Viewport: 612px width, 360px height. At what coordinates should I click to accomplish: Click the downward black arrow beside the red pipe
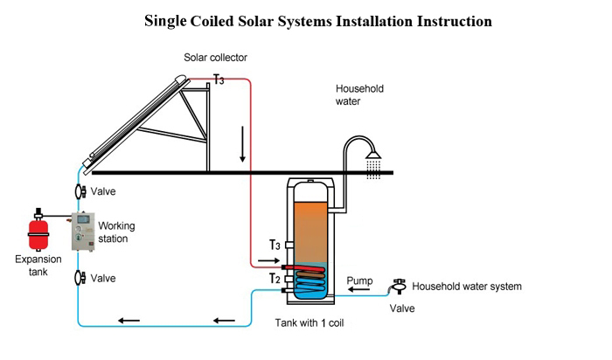coord(242,149)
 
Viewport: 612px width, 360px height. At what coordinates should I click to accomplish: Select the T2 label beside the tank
coord(274,279)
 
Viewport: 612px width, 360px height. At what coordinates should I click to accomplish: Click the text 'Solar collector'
coord(215,58)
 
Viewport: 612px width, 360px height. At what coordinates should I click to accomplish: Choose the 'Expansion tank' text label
coord(38,265)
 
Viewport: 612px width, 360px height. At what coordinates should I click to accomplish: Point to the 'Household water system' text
coord(467,287)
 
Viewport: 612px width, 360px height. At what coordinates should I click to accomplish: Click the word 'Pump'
coord(360,280)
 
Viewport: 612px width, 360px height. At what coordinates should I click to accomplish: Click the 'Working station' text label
coord(116,232)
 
